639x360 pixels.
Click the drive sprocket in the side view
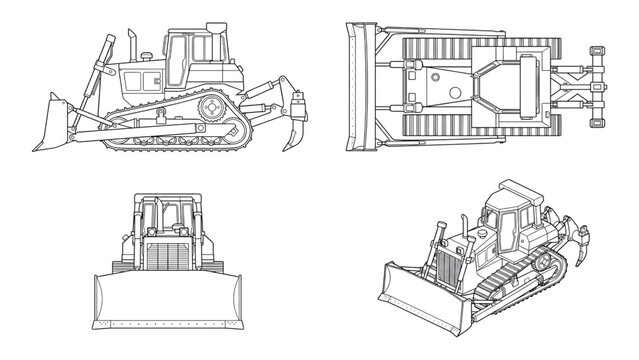212,107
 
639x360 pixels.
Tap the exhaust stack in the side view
131,45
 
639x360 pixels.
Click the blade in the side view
52,121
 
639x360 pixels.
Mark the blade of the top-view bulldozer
354,88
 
